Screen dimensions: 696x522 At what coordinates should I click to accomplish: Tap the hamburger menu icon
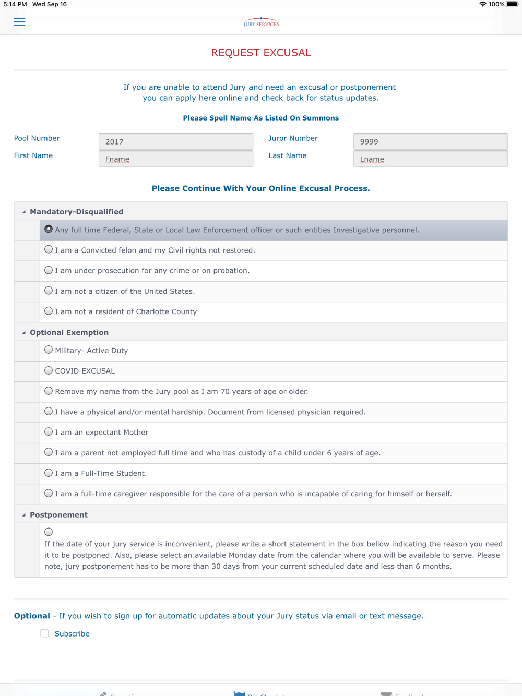tap(19, 22)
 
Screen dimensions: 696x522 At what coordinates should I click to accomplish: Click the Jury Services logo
tap(261, 22)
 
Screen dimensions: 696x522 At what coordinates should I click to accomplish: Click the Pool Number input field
tap(176, 141)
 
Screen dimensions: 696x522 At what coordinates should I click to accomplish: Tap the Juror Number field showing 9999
tap(430, 141)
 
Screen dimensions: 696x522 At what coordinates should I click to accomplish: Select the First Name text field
tap(176, 159)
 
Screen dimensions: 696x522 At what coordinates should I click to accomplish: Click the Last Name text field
tap(430, 159)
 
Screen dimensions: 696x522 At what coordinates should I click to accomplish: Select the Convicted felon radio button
tap(49, 250)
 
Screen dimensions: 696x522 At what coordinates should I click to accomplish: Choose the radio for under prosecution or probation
tap(49, 270)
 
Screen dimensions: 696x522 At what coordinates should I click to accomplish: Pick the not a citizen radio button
tap(49, 291)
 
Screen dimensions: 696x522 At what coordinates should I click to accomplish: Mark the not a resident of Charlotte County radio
tap(49, 311)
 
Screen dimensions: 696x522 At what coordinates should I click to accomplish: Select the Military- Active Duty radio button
tap(49, 350)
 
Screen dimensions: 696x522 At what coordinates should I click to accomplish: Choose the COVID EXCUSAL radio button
tap(49, 370)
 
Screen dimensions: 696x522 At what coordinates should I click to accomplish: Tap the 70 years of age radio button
tap(49, 391)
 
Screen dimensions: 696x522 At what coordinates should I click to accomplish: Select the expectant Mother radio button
tap(49, 432)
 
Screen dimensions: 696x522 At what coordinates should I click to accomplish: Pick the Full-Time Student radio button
tap(49, 473)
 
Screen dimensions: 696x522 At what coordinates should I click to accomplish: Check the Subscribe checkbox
tap(45, 633)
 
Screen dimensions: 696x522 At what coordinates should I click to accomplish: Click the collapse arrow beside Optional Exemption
tap(24, 332)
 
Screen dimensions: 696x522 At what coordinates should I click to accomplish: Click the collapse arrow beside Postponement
tap(24, 515)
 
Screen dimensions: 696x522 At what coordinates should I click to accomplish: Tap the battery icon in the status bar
tap(512, 4)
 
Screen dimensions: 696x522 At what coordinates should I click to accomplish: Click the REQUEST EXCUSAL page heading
tap(261, 53)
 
